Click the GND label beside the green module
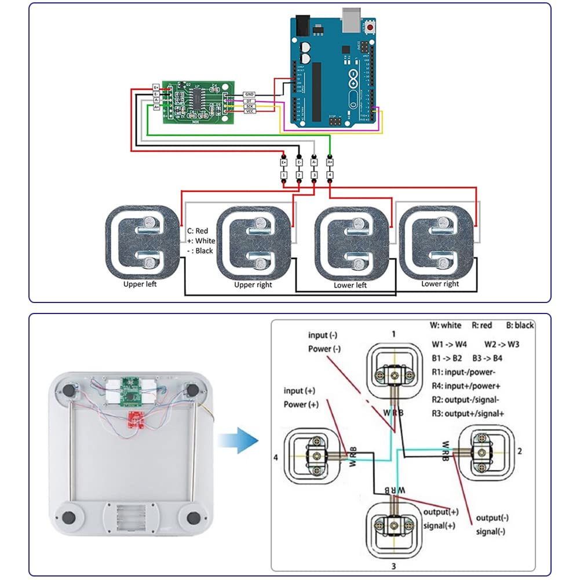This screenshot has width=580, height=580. [x=249, y=94]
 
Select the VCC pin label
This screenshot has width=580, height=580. [x=249, y=111]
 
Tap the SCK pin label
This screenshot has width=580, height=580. [x=249, y=106]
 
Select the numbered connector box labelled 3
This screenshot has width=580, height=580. [x=314, y=175]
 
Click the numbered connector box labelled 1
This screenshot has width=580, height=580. [x=284, y=175]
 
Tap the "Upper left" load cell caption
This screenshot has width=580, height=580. [x=140, y=284]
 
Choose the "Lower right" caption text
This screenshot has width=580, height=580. [x=440, y=284]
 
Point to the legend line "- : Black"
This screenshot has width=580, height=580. [x=200, y=250]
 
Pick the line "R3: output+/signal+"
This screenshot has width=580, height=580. [x=468, y=414]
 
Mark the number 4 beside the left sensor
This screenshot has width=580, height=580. [x=276, y=458]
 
